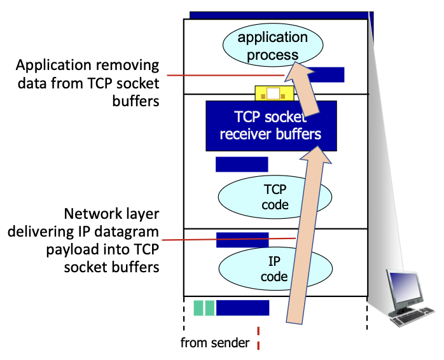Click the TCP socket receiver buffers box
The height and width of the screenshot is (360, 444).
point(267,125)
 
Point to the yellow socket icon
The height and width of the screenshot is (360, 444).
point(273,93)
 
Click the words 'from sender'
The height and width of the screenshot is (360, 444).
point(214,343)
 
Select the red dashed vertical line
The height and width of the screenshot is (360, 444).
point(259,338)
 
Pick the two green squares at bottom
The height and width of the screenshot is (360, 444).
point(204,308)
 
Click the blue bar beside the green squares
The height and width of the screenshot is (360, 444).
point(242,308)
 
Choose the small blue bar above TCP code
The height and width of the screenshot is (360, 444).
point(242,164)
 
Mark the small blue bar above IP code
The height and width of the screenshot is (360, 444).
point(242,240)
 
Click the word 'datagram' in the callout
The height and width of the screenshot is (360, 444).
point(128,232)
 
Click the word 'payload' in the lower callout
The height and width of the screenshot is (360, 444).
point(70,249)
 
